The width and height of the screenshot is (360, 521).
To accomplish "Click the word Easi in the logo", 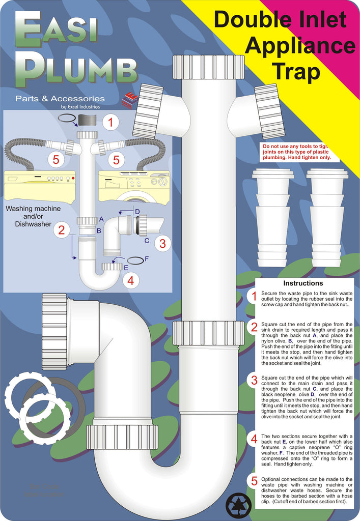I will point(56,31).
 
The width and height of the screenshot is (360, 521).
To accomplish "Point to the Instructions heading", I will point(303,283).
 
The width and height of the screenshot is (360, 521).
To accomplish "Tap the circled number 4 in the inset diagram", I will point(131,280).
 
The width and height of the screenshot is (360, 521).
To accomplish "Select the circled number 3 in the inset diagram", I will point(162,243).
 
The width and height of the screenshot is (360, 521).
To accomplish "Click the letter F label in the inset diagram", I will point(147,259).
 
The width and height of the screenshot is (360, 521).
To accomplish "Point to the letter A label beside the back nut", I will point(102,219).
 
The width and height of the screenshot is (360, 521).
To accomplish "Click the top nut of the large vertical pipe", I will point(208,67).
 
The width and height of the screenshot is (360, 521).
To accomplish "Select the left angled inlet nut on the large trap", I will point(147,111).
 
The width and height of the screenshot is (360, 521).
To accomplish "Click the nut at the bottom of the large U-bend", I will point(122,437).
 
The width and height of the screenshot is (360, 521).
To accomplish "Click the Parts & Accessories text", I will point(60,99).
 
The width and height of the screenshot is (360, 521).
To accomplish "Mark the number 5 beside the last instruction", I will point(254,481).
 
